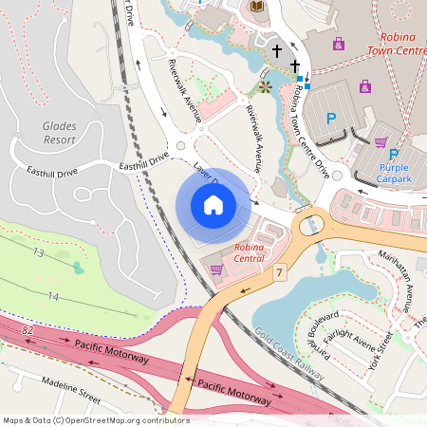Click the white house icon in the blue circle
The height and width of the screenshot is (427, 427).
point(213,205)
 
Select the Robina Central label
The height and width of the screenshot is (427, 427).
point(250,253)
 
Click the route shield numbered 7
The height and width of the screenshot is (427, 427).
point(280,273)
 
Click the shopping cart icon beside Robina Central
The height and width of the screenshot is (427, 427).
point(216,269)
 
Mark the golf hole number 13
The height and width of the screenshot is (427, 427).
point(38,253)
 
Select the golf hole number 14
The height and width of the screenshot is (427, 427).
point(53,297)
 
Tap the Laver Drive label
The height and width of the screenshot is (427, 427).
point(206,174)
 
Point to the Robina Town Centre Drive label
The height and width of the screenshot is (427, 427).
point(311,130)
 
